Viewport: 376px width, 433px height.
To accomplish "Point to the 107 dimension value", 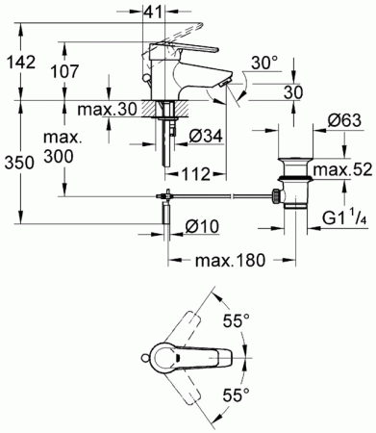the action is click(x=65, y=71).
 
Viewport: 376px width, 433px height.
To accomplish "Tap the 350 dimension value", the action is click(x=19, y=163).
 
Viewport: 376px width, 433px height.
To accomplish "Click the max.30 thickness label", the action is click(x=108, y=110).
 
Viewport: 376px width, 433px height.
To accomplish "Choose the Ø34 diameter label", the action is click(x=206, y=137).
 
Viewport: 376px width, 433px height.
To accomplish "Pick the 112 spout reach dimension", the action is click(x=195, y=174).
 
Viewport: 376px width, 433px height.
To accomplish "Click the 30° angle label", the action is click(x=264, y=63).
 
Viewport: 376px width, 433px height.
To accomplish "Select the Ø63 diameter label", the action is click(x=344, y=121).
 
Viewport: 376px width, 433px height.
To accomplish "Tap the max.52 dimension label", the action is click(x=342, y=169).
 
